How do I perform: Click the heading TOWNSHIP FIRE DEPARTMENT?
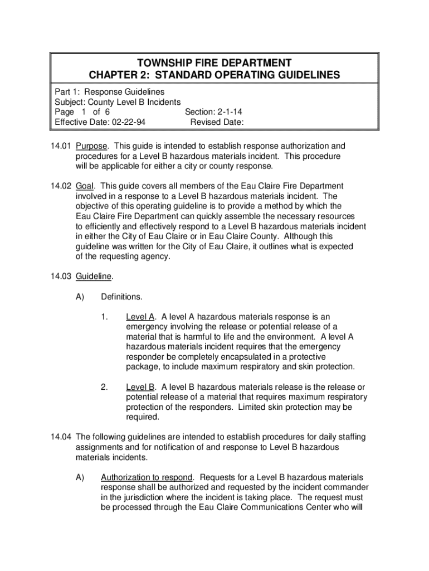click(x=214, y=62)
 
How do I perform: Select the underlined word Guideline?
click(x=94, y=276)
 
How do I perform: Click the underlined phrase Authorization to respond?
click(x=147, y=477)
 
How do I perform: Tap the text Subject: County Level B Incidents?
click(x=118, y=102)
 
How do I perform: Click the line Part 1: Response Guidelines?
click(x=109, y=91)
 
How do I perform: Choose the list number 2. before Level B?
click(x=104, y=387)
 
